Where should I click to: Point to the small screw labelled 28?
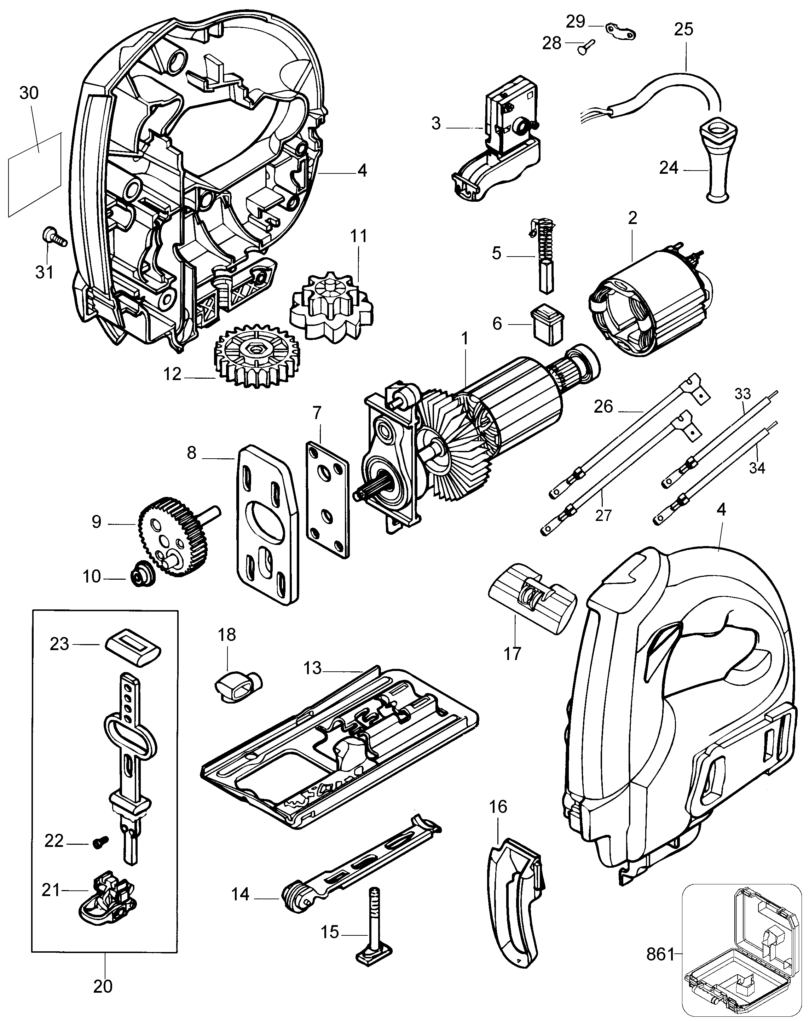(x=585, y=47)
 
